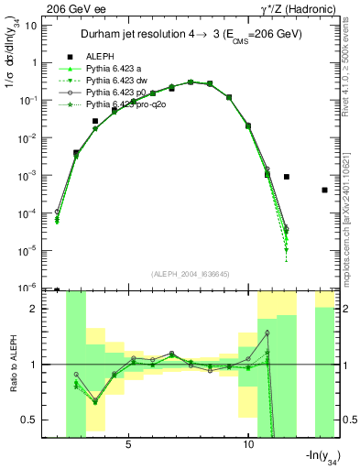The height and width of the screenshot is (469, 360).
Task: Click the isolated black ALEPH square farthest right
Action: click(324, 190)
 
